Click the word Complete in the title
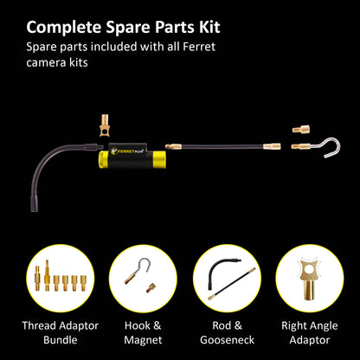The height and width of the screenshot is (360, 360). click(64, 28)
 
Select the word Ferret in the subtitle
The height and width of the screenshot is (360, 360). click(199, 47)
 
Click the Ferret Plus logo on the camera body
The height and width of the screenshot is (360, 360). click(127, 151)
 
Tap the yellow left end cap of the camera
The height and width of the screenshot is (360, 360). click(102, 159)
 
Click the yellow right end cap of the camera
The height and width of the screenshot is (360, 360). click(159, 160)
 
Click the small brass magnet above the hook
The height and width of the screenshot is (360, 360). click(301, 129)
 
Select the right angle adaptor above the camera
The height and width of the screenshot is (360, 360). click(104, 125)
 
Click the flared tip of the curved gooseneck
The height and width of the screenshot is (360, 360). click(35, 204)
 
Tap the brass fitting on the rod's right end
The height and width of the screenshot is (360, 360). click(272, 146)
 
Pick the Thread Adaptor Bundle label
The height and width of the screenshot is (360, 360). click(61, 332)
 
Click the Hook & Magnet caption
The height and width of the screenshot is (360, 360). click(143, 332)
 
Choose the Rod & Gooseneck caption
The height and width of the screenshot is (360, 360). click(228, 332)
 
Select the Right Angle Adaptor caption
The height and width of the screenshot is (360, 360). click(310, 332)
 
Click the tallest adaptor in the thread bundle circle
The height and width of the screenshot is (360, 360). click(48, 275)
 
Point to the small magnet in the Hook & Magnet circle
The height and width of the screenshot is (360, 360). click(151, 288)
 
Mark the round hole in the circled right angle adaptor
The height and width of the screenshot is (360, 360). click(309, 269)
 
